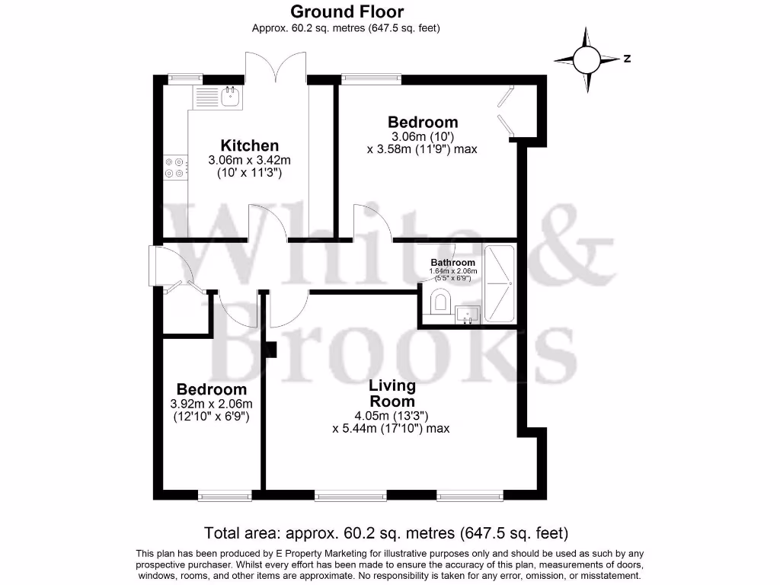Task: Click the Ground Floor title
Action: [x=347, y=11]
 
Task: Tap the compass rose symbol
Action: [x=587, y=59]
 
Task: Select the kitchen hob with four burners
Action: [x=175, y=167]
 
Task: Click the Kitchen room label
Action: [x=249, y=145]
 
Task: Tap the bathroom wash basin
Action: [x=467, y=313]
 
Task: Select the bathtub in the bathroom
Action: [x=500, y=284]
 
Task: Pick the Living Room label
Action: [x=392, y=393]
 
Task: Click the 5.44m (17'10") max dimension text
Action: [x=391, y=429]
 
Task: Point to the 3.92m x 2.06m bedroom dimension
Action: [x=212, y=404]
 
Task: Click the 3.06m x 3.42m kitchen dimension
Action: [x=249, y=161]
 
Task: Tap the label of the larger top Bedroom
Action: [x=423, y=122]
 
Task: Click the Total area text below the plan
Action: [x=385, y=532]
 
